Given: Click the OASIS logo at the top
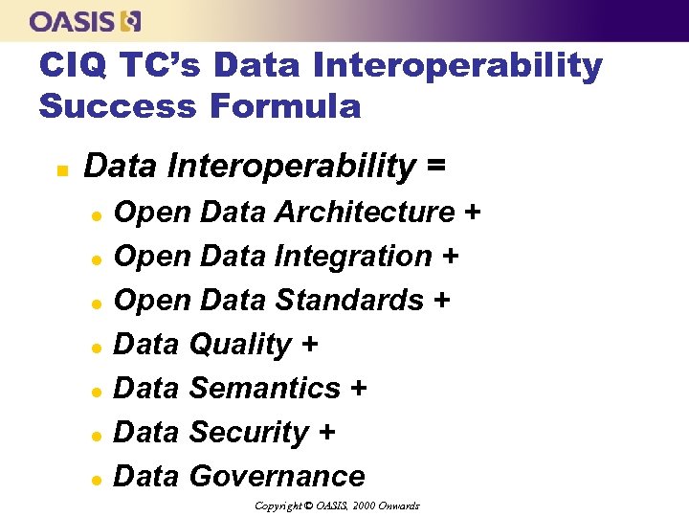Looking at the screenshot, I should [85, 20].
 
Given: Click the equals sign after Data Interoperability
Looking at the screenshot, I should [435, 166].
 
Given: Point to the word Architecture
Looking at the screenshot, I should [365, 212].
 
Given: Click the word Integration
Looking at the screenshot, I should [353, 256].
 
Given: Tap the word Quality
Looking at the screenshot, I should [240, 345].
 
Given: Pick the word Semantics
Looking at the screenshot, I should [265, 388].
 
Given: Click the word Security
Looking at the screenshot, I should [249, 432].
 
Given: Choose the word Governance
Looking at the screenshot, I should [277, 476].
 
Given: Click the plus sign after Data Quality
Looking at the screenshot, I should [309, 345].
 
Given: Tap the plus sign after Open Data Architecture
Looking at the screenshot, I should [471, 212].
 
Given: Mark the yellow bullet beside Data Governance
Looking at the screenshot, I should [97, 478].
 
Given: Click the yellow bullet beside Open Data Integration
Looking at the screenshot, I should [97, 258].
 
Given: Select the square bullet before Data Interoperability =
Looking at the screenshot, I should [60, 170].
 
